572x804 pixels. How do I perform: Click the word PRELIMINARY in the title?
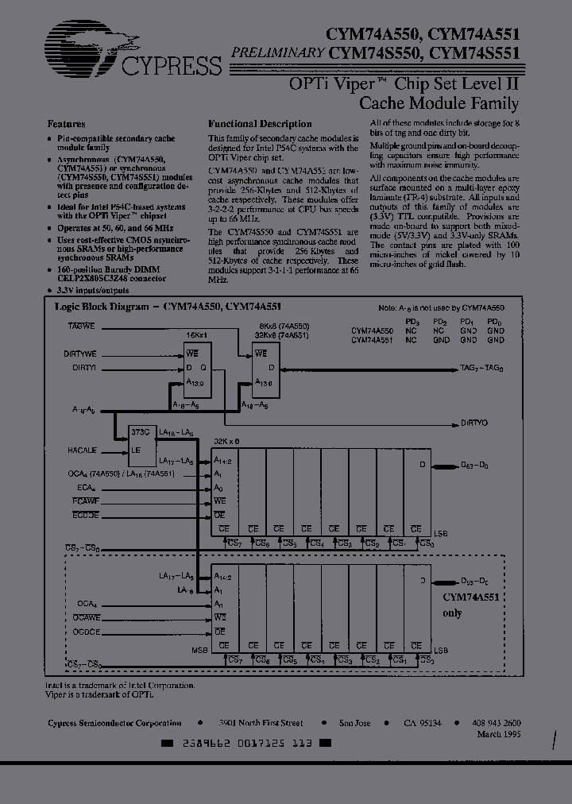coord(277,53)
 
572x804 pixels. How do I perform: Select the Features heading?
coord(68,124)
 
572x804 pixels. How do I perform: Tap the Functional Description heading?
coord(260,124)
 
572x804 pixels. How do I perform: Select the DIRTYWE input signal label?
coord(80,354)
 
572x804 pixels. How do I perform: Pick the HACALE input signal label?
coord(82,450)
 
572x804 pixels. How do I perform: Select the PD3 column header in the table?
coord(412,321)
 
